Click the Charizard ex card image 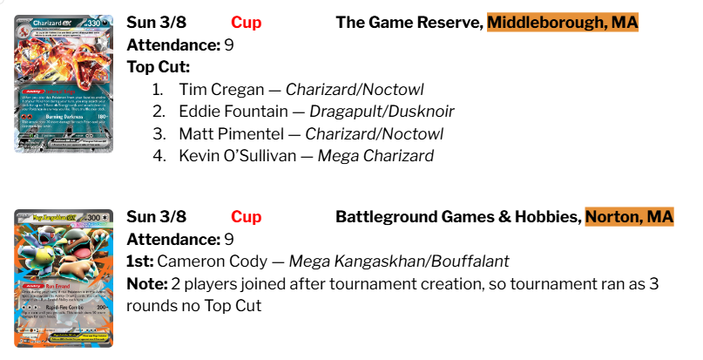(x=64, y=84)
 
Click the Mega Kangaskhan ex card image (x=64, y=276)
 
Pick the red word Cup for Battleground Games (x=247, y=217)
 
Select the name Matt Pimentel (x=227, y=134)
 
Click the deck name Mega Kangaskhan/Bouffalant (x=398, y=261)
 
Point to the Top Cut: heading (x=158, y=67)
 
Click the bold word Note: (x=146, y=283)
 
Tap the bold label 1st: (x=142, y=261)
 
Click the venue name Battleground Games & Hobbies (x=457, y=217)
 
